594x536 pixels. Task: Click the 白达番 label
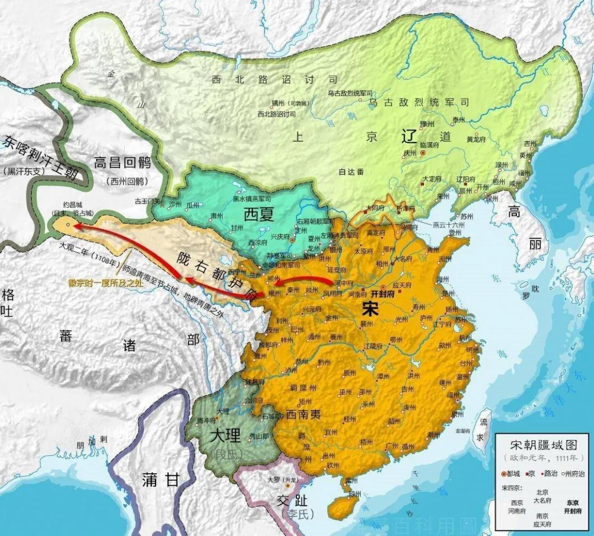351,172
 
